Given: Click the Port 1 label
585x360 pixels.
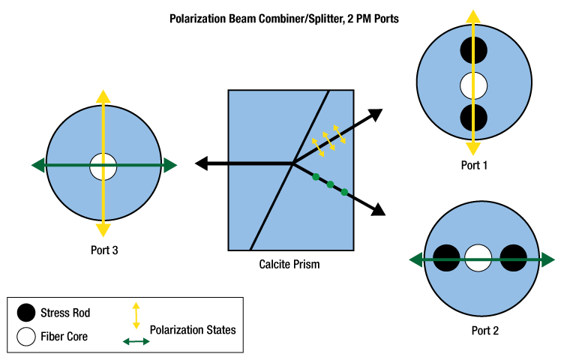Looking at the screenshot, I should pos(474,165).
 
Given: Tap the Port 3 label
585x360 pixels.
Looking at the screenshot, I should pos(103,250).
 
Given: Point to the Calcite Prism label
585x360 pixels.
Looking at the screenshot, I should pos(289,264).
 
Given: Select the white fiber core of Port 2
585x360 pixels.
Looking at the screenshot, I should pos(478,259).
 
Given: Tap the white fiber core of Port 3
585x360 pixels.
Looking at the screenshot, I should pos(103,166).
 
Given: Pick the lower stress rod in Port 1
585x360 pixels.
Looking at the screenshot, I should pos(474,118).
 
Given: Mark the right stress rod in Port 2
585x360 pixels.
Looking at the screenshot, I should pos(514,259).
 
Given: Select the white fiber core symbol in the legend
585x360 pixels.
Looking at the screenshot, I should pos(25,336).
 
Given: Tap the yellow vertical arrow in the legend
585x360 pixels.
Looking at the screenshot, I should pos(136,315).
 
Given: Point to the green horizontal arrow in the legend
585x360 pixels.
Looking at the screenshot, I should pos(136,342).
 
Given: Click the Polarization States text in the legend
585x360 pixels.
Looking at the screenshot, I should pos(192,329).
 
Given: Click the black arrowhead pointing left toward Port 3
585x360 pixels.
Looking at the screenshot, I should pos(202,163).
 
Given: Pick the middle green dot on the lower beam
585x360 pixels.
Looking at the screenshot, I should pos(330,184).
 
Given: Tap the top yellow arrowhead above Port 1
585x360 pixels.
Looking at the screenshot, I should pos(472,17).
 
